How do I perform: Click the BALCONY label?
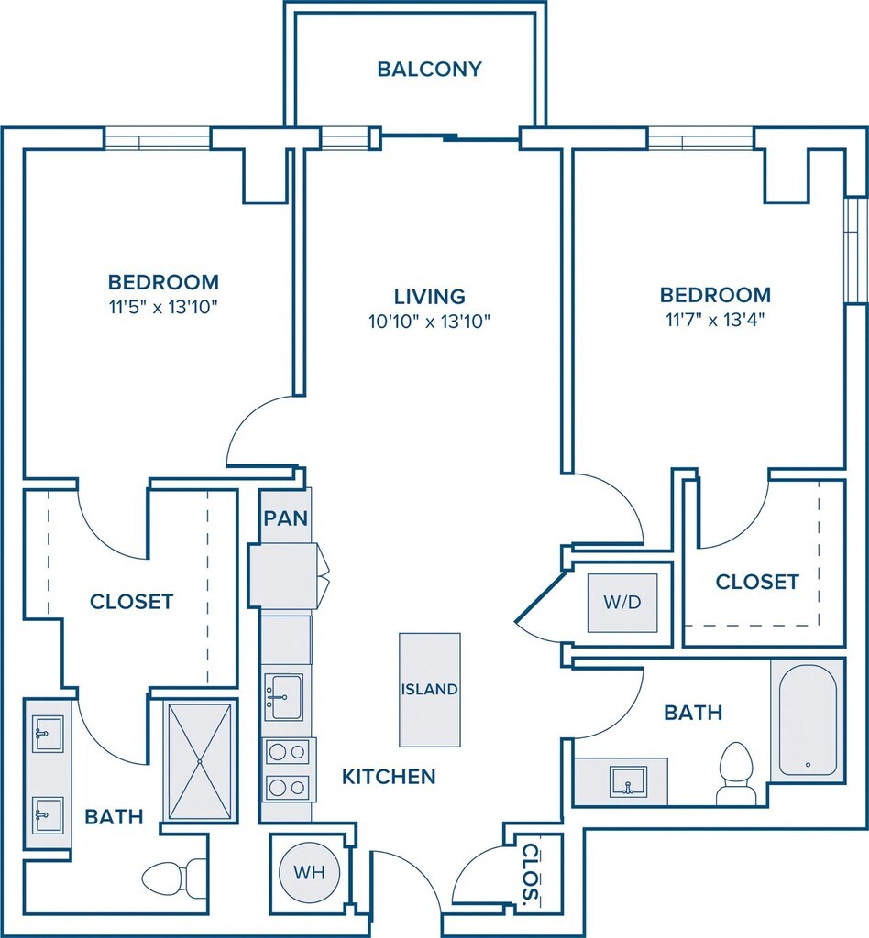pyautogui.click(x=429, y=70)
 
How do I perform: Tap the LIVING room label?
pyautogui.click(x=429, y=297)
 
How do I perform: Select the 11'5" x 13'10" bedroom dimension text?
pyautogui.click(x=163, y=308)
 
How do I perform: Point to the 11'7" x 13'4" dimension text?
pyautogui.click(x=715, y=320)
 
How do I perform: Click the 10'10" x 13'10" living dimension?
pyautogui.click(x=429, y=322)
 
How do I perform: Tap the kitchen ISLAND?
pyautogui.click(x=430, y=690)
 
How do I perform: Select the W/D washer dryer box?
pyautogui.click(x=622, y=603)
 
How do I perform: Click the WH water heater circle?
pyautogui.click(x=310, y=872)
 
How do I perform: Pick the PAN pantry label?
pyautogui.click(x=285, y=518)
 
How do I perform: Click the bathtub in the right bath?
pyautogui.click(x=808, y=720)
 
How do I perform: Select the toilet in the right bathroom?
pyautogui.click(x=734, y=774)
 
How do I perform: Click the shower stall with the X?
pyautogui.click(x=200, y=761)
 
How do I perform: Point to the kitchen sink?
pyautogui.click(x=283, y=697)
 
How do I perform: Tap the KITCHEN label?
pyautogui.click(x=389, y=777)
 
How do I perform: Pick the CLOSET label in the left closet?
pyautogui.click(x=132, y=602)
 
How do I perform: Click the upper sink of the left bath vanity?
pyautogui.click(x=48, y=734)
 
